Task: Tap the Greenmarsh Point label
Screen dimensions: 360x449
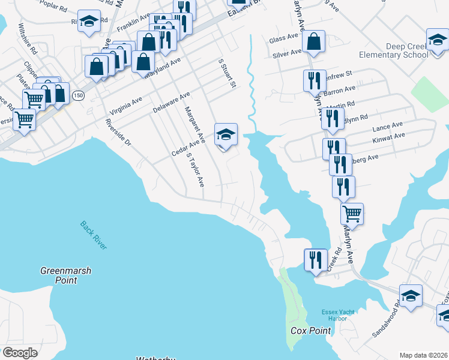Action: (66, 275)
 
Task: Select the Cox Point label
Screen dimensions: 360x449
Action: (307, 331)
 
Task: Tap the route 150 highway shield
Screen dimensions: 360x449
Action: (78, 95)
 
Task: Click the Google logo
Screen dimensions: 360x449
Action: (20, 352)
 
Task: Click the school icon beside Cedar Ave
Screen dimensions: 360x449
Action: (226, 135)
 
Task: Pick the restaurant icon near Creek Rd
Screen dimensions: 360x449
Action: (316, 259)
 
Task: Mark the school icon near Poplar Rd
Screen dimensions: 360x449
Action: (89, 22)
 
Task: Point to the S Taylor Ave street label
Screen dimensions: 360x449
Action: (195, 169)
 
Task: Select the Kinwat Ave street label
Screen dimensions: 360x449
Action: (388, 137)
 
